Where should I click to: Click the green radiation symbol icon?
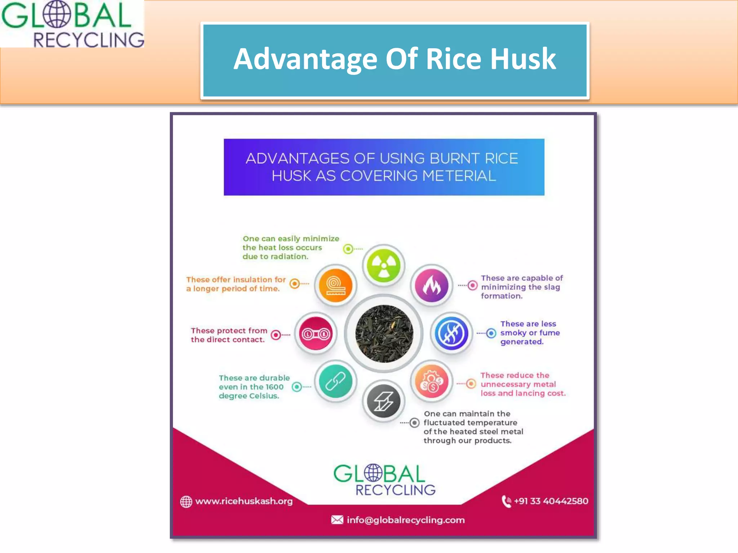point(383,266)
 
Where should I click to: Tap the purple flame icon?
point(431,286)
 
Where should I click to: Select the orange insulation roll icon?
point(335,286)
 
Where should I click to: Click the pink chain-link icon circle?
point(316,334)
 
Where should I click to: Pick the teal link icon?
point(335,382)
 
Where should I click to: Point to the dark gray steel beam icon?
point(383,401)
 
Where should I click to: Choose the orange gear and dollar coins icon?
point(431,382)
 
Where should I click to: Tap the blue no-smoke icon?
point(451,334)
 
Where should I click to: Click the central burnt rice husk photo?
point(384,333)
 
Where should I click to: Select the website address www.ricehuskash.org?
point(244,501)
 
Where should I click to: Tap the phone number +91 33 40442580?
point(551,501)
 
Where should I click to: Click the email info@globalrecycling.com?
point(406,520)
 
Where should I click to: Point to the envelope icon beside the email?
point(337,520)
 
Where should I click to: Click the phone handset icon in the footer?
point(506,501)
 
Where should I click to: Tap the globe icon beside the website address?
point(186,502)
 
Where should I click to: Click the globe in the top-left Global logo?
point(57,15)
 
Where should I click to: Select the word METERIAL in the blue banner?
point(459,176)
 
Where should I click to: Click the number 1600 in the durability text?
point(275,387)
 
